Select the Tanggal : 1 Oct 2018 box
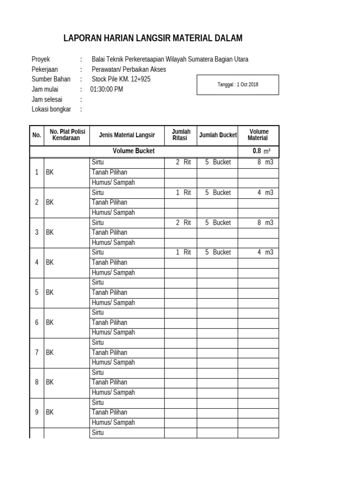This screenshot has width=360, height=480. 238,85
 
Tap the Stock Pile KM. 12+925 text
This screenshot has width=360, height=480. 121,79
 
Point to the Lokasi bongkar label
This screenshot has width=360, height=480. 51,109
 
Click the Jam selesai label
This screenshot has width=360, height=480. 47,99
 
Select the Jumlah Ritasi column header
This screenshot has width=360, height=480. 180,135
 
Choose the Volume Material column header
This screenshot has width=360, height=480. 258,135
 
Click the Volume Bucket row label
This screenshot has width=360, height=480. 134,151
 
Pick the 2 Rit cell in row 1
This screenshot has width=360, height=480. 183,162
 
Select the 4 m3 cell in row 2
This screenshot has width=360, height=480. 264,192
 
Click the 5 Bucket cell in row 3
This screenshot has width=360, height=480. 217,223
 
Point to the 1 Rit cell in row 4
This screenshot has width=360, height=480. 183,252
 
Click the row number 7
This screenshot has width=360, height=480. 37,352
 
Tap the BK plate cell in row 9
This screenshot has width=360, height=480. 50,412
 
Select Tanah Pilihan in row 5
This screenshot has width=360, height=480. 109,292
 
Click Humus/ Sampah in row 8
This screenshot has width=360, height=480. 113,392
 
